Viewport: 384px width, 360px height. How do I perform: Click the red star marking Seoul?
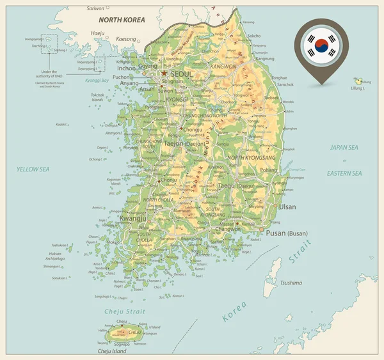(164, 74)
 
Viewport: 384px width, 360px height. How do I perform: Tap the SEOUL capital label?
(181, 74)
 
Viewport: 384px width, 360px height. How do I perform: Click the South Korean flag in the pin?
(322, 43)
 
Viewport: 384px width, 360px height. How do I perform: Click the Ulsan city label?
(287, 207)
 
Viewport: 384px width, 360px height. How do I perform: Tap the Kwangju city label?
(132, 218)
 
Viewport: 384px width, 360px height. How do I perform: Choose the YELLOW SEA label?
(33, 169)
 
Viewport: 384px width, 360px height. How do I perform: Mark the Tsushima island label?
(291, 283)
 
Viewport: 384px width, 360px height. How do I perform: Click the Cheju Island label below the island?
(112, 351)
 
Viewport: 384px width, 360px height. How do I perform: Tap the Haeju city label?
(97, 33)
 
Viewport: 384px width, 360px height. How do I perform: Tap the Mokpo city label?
(114, 242)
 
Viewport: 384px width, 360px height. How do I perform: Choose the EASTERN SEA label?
(344, 173)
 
